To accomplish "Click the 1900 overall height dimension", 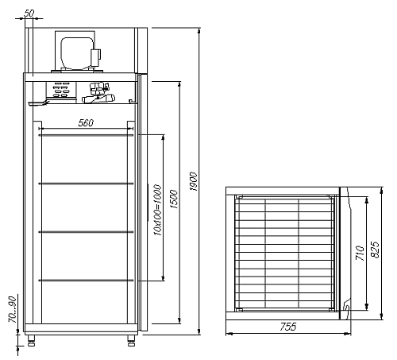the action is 194,181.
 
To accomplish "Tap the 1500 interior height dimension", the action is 175,199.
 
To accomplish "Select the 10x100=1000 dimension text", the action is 157,211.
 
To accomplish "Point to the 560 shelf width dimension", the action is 86,123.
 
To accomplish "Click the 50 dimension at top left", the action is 29,14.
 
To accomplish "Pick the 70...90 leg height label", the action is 13,310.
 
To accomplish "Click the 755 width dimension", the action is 288,327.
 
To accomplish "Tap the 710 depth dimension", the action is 360,253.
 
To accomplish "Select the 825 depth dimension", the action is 376,250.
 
